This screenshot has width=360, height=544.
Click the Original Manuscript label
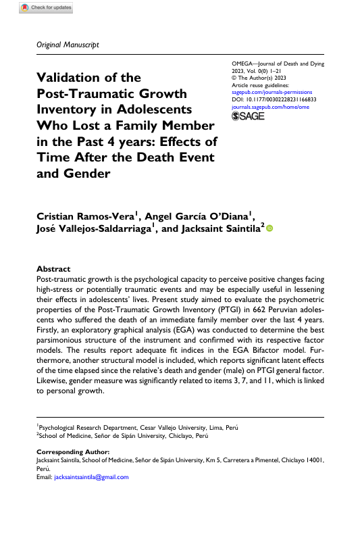[66, 45]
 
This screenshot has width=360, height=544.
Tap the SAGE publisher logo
[248, 116]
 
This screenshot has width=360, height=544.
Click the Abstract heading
[53, 268]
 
